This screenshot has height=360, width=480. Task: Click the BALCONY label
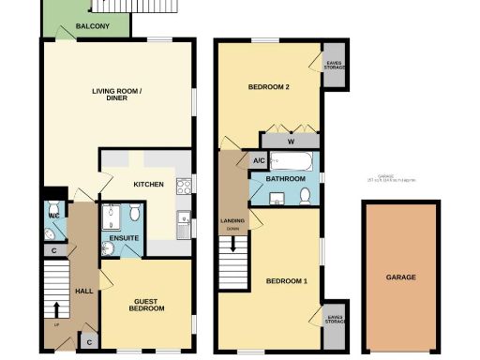tap(90, 26)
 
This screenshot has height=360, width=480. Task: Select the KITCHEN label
tap(149, 184)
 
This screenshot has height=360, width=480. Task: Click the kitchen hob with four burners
tap(184, 186)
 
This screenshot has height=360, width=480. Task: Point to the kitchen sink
tap(184, 223)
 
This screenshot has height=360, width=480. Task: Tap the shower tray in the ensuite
tap(111, 218)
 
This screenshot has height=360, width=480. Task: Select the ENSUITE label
tap(124, 239)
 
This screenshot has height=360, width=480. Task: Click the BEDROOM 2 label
tap(267, 88)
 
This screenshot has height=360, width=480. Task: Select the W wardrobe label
tap(292, 142)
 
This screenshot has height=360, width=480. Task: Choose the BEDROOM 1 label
tap(285, 281)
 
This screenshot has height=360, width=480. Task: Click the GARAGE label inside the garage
tap(400, 277)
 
